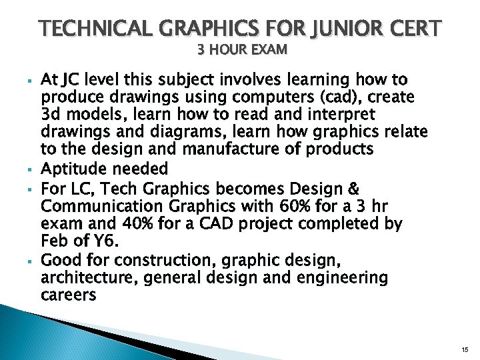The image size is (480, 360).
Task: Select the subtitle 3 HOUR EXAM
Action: (x=242, y=49)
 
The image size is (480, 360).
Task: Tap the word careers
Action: (x=69, y=295)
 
